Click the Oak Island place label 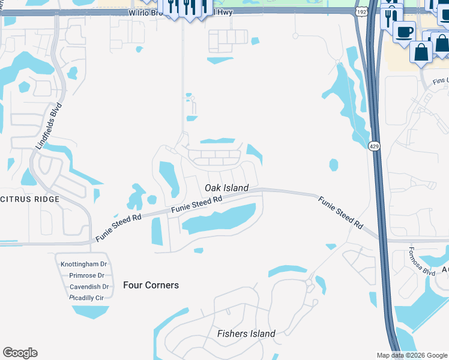[226, 188]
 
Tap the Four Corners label [151, 285]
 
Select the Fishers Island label [246, 334]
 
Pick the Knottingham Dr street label [83, 263]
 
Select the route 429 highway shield [374, 146]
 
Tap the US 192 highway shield [361, 12]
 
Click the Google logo [20, 353]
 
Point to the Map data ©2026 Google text [412, 355]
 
